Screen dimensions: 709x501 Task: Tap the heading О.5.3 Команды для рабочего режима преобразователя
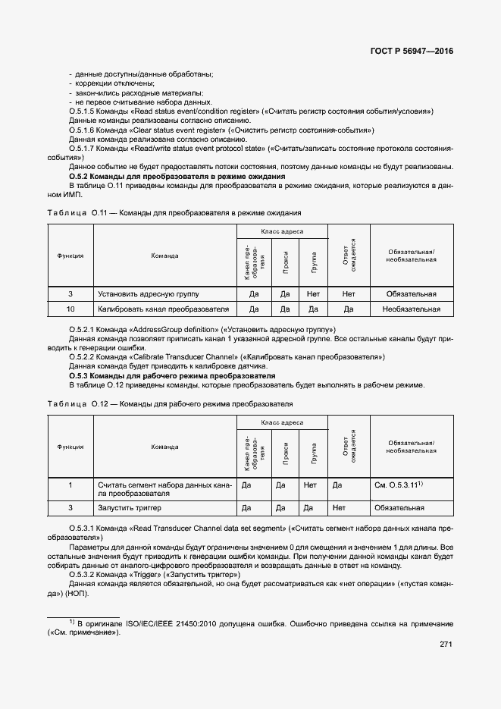[171, 376]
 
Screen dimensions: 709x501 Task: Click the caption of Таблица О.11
[174, 213]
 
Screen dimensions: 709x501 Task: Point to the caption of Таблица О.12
[170, 404]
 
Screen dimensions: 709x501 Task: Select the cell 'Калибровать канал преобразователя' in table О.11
[163, 309]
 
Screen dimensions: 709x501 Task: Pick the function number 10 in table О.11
[70, 309]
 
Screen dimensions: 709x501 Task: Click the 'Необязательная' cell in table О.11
[411, 309]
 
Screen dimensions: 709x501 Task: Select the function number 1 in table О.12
[70, 485]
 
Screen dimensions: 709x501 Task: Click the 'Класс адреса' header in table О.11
[282, 231]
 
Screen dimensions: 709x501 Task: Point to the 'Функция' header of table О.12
[70, 447]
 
